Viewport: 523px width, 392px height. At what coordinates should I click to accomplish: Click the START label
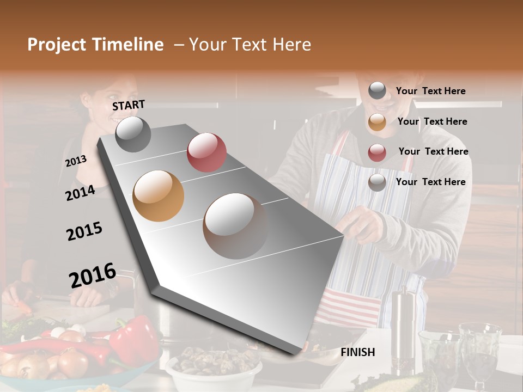129,105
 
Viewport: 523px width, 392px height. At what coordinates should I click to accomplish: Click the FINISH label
357,352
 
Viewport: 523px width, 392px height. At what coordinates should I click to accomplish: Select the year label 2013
76,161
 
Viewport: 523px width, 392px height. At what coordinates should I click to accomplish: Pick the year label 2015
84,231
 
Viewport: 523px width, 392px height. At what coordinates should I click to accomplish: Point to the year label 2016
93,275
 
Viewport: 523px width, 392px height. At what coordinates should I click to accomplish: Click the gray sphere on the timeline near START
133,134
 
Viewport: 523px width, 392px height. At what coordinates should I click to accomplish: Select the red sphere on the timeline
206,152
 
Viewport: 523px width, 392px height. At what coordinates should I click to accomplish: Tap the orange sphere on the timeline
158,195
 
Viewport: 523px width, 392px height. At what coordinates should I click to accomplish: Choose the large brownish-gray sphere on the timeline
235,225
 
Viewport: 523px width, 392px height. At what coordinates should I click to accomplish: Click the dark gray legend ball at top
377,90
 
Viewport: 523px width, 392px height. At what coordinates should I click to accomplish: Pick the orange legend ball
377,122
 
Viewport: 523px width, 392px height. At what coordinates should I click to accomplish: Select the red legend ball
377,152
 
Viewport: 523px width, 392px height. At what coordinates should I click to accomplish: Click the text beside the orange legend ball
433,121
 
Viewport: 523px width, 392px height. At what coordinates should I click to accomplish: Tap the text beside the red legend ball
433,151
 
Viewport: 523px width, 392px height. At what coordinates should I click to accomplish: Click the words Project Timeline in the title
95,45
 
